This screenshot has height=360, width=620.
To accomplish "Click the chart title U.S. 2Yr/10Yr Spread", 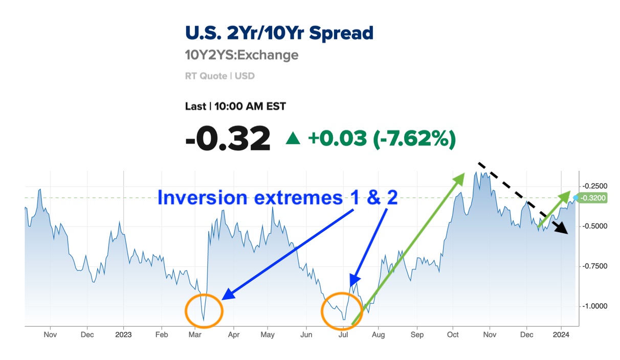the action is tap(279, 33).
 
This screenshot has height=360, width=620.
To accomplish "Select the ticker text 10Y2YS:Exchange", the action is tap(241, 55).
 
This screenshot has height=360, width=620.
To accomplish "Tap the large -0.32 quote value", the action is tap(228, 138).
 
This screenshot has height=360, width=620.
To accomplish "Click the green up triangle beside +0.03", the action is tap(293, 138).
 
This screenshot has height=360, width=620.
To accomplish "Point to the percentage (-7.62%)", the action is tap(414, 139).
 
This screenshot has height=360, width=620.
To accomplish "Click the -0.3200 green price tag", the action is tap(592, 198).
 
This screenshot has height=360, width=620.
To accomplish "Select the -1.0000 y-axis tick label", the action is tap(594, 306).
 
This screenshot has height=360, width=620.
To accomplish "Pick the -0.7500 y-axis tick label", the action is tap(594, 266).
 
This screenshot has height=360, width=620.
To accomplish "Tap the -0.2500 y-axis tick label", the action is tap(594, 186).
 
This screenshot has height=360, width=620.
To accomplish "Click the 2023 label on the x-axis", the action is tap(123, 335).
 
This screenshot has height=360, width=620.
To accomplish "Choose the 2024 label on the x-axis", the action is tap(561, 335).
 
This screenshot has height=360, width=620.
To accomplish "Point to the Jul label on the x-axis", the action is tap(343, 335).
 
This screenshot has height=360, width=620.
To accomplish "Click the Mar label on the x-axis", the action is tap(195, 335).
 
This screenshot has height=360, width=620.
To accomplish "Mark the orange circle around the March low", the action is tap(186, 311).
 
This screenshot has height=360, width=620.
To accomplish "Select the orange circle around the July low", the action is tap(322, 311).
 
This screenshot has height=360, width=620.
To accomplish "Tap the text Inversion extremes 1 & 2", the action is tap(278, 197).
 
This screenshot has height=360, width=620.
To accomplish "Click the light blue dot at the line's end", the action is tap(575, 198).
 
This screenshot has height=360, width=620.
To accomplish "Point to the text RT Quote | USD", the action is tap(220, 76).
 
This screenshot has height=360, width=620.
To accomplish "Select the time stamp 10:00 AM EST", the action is tap(250, 106).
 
